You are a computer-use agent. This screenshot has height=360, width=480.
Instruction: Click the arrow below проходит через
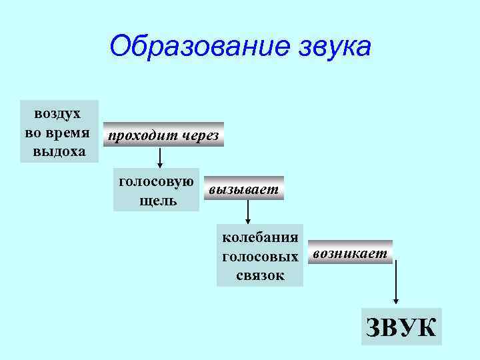(160, 157)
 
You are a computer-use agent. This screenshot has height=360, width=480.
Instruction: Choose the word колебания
(260, 238)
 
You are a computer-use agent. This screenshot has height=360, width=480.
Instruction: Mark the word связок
(260, 275)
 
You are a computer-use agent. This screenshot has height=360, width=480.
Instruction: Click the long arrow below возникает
(396, 280)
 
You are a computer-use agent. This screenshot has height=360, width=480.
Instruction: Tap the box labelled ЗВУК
(401, 327)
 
